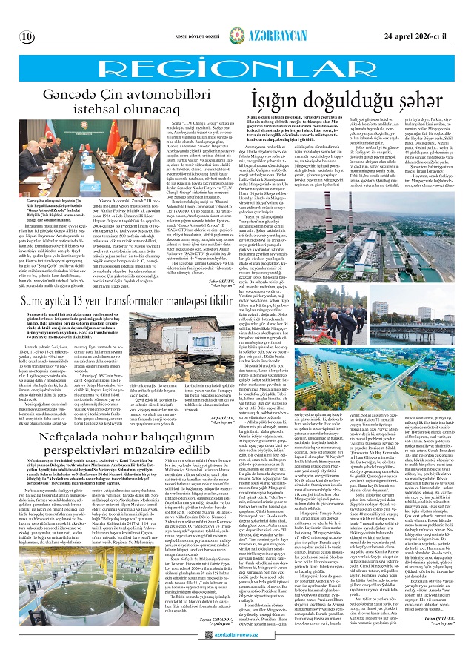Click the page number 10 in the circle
pos(27,36)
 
